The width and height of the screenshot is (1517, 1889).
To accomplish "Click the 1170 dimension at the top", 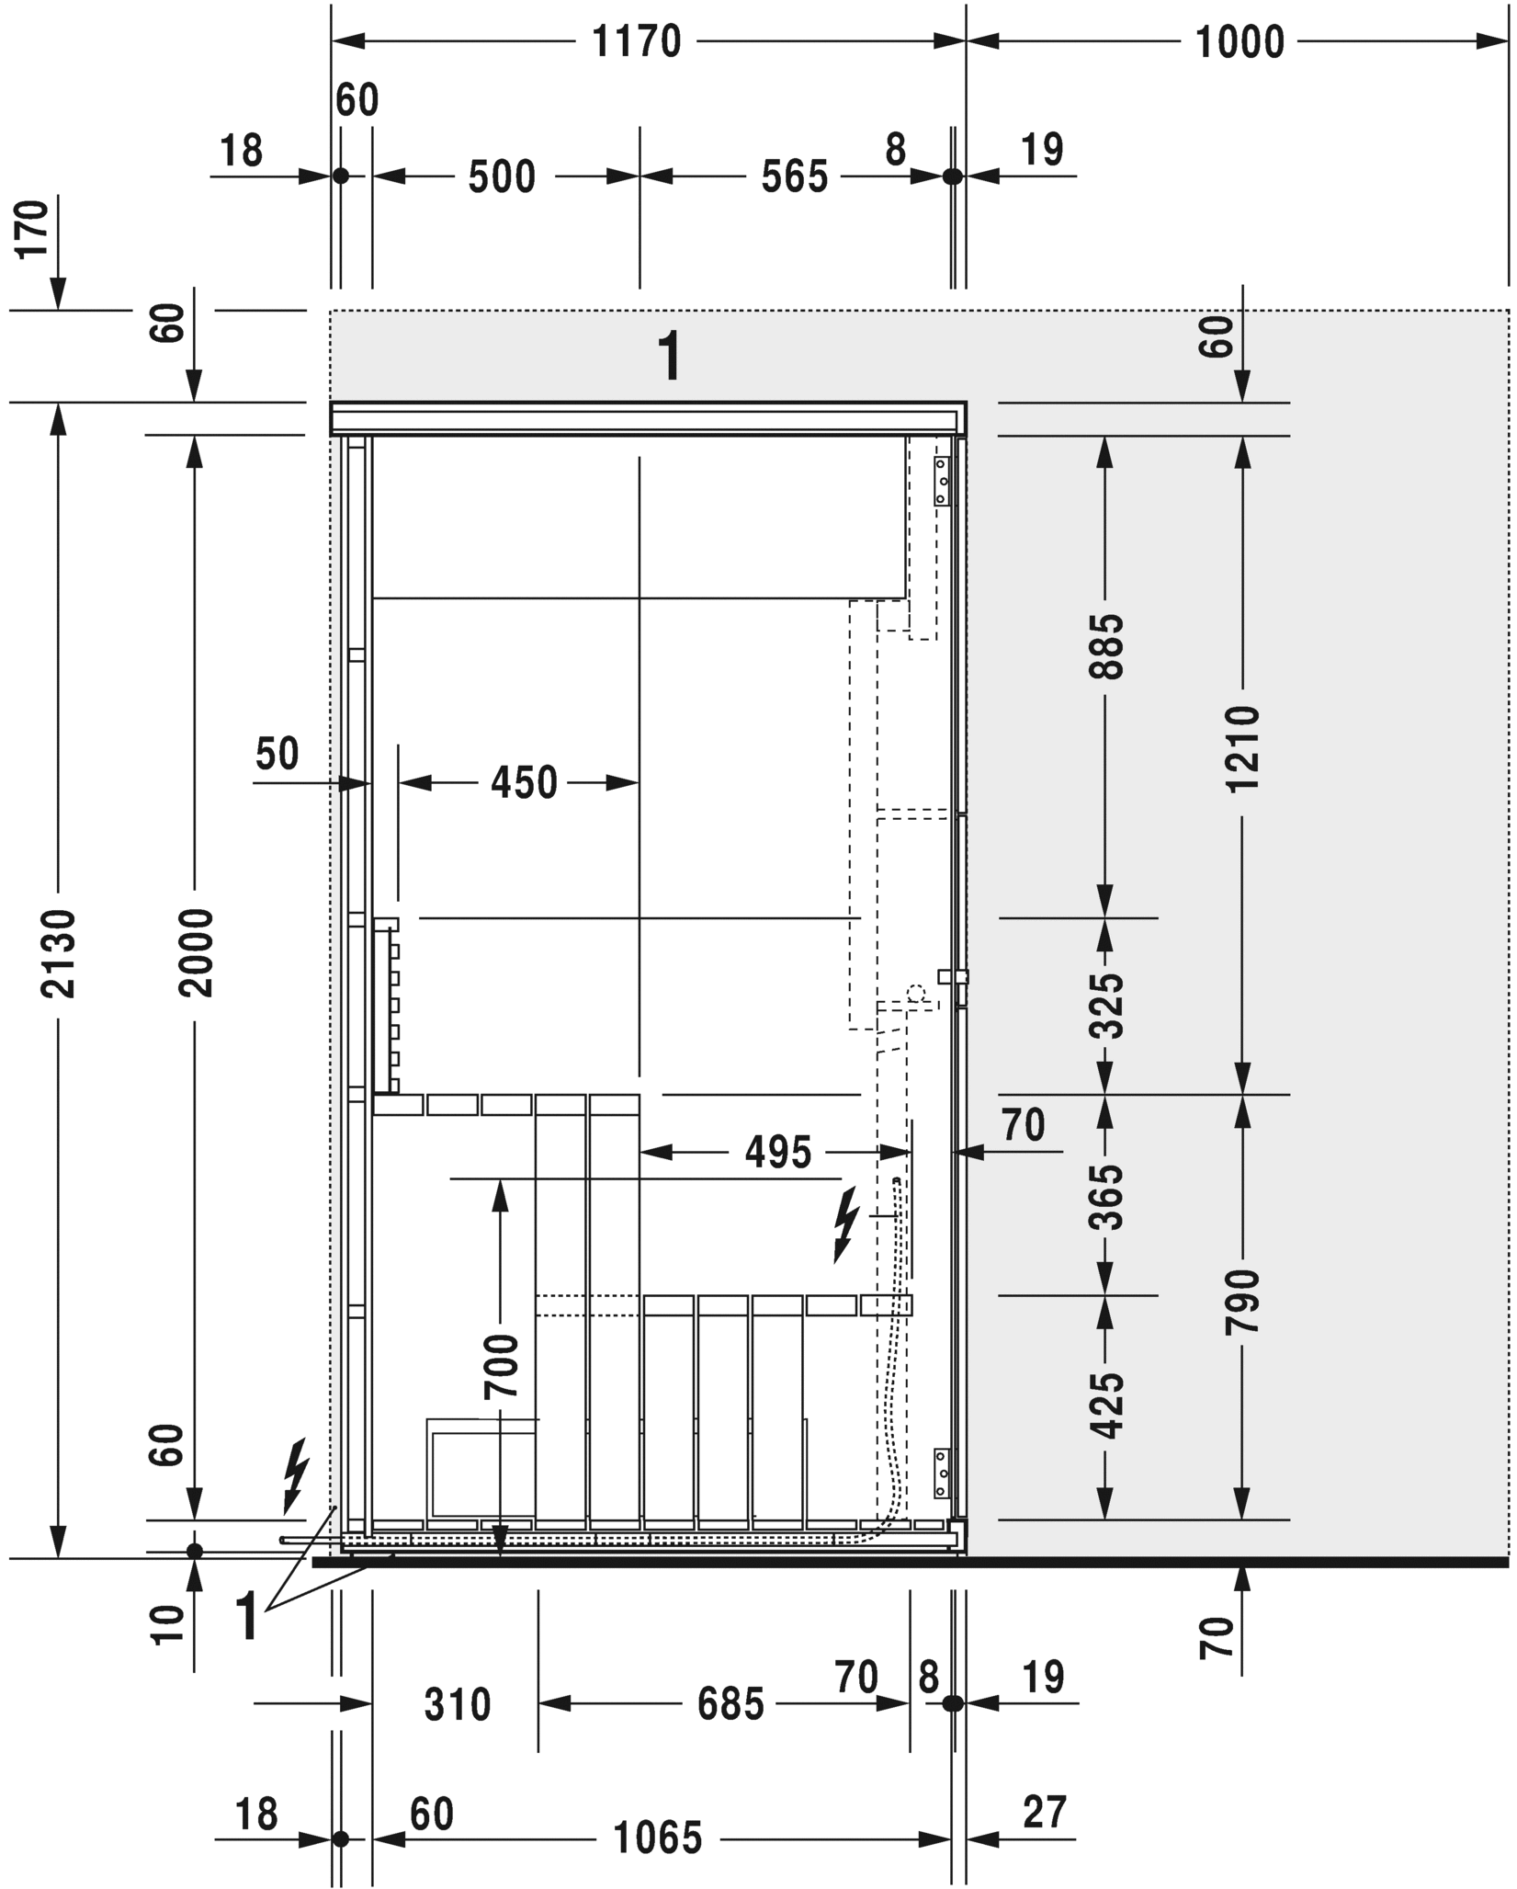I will tap(636, 42).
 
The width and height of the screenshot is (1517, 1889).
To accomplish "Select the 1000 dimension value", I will tap(1239, 42).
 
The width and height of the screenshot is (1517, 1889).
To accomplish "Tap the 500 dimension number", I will tap(502, 176).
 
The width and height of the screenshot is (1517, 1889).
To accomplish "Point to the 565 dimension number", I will tap(795, 176).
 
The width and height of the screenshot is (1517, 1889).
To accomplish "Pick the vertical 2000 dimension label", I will tap(195, 953).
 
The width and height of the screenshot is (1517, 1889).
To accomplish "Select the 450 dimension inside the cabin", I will tap(524, 783).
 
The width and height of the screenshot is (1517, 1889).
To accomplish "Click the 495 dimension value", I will tap(778, 1153).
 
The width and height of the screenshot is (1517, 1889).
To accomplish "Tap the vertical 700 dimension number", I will tap(501, 1366).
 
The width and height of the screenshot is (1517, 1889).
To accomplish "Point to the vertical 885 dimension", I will tap(1106, 646).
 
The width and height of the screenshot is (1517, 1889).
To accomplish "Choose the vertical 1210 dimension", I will tap(1242, 749).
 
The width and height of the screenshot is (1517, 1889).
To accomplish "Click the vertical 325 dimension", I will tap(1106, 1006).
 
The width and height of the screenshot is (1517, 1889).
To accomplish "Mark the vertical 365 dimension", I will tap(1106, 1197).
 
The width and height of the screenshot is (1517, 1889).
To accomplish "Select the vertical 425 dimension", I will tap(1106, 1405).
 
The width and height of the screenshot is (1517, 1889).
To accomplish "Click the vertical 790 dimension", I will tap(1242, 1301).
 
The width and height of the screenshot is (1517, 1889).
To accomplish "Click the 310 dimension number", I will tap(458, 1678).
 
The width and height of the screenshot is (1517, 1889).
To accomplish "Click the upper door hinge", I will tap(941, 483).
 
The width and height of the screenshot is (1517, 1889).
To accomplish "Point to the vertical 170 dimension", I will tap(33, 229).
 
